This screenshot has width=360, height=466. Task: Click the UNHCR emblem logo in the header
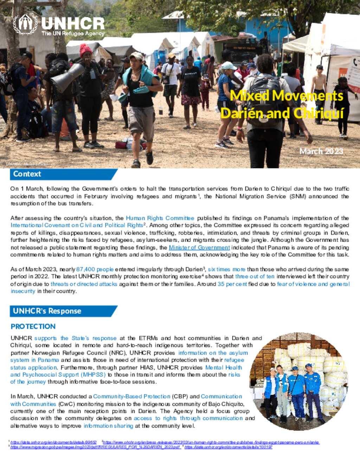point(25,24)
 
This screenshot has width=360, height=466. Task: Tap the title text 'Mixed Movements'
point(287,96)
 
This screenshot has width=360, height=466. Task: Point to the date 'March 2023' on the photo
point(321,151)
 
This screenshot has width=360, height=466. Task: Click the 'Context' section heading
point(27,174)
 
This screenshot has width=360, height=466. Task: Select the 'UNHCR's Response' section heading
point(47,311)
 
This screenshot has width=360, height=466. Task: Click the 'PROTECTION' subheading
point(33,326)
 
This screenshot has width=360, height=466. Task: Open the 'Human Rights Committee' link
point(160,218)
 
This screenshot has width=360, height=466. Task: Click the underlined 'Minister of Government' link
point(199,248)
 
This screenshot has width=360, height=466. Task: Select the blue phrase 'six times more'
point(226,269)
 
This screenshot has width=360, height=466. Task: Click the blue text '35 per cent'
point(232,284)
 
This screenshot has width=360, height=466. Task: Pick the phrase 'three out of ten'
point(255,277)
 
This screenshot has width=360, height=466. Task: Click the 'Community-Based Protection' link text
point(131,396)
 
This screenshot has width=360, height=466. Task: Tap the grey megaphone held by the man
point(67,78)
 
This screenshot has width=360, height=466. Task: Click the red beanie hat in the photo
point(85,50)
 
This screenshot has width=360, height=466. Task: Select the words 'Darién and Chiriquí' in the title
point(282,113)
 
